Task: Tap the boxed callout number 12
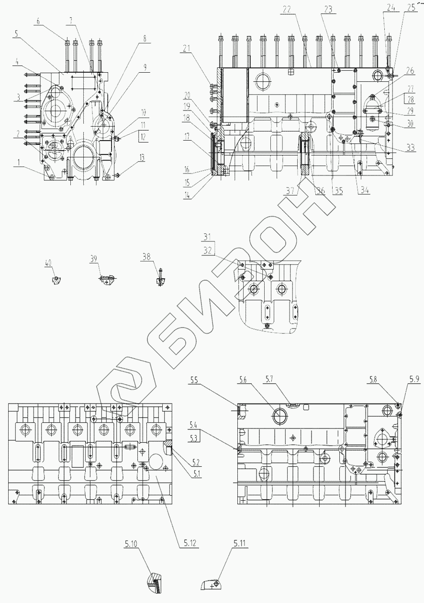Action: coord(144,137)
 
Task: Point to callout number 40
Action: coord(48,263)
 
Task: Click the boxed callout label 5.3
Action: coord(194,438)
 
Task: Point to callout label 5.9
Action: coord(413,380)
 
